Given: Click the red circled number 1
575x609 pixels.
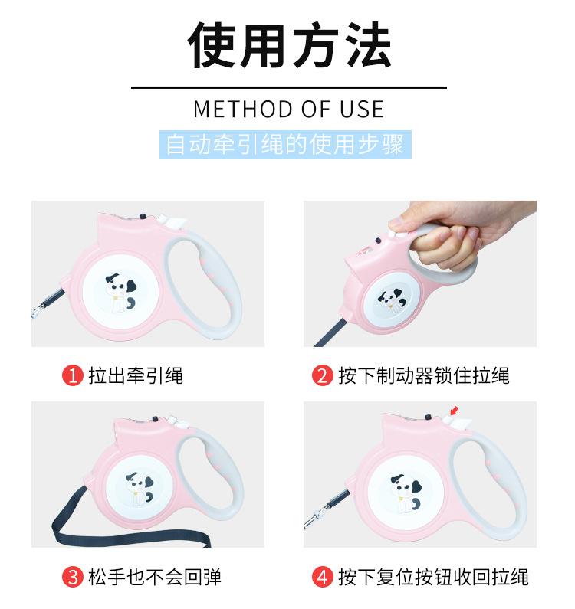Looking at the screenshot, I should (72, 375).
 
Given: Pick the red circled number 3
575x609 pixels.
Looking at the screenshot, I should (72, 576).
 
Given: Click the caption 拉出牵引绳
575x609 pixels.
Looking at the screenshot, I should (136, 375).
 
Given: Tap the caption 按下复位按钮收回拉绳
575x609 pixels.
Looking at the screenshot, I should (433, 576).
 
